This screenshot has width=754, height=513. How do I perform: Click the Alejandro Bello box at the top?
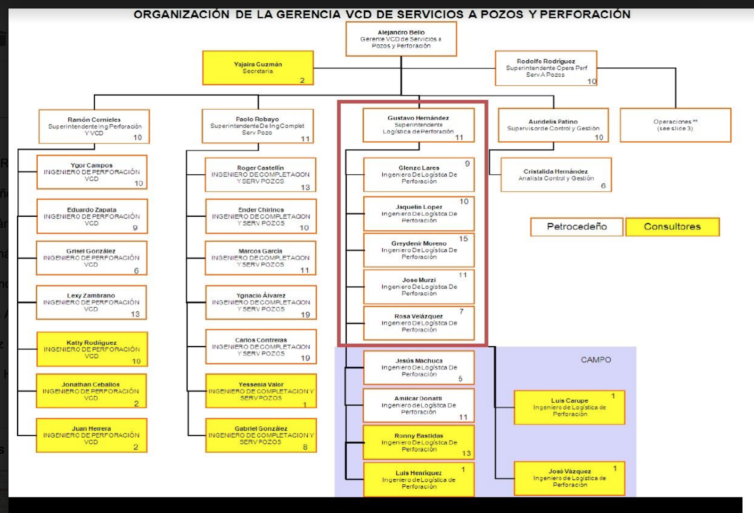tap(401, 39)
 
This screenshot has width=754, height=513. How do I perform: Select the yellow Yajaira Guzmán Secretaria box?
tap(258, 68)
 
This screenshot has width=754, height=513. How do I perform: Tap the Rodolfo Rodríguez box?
tap(546, 68)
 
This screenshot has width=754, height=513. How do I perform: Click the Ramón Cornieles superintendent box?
tap(94, 126)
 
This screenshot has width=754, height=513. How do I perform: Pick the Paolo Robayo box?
tap(257, 126)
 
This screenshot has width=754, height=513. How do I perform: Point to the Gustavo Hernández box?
tap(418, 125)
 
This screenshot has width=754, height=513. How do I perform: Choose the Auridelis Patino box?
tap(553, 125)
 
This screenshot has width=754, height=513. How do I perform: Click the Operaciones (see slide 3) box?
tap(675, 125)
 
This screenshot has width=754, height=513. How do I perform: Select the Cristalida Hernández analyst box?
tap(556, 175)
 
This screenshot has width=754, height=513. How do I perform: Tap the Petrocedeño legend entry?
tap(577, 227)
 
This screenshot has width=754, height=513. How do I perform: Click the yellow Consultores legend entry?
tap(672, 227)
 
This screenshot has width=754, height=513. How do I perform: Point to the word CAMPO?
tap(596, 360)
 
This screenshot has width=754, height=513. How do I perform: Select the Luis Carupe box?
tap(569, 407)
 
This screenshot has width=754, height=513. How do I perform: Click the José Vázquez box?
tap(569, 478)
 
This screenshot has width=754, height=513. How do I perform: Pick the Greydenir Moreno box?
tap(418, 250)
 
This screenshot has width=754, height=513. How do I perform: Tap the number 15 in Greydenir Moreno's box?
tap(464, 239)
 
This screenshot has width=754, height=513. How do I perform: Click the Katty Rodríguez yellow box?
tap(92, 349)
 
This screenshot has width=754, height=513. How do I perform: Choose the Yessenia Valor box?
tap(261, 391)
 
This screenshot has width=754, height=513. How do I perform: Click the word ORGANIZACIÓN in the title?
tap(181, 15)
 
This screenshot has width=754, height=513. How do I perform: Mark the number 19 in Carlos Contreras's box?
tap(305, 358)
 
